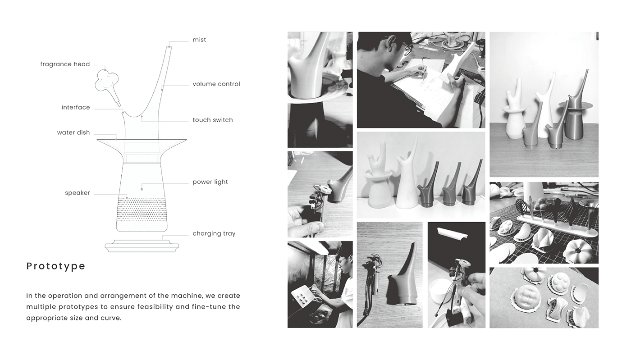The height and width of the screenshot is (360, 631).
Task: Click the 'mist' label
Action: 199,40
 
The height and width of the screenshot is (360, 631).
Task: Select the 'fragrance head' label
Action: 65,64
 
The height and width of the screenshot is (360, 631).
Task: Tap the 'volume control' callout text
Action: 216,84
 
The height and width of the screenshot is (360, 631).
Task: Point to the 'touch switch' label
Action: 213,120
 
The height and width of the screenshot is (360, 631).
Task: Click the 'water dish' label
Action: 73,132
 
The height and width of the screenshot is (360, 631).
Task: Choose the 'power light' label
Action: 210,182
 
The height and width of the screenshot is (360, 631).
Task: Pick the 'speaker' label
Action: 78,193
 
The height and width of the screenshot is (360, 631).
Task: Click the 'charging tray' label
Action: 214,233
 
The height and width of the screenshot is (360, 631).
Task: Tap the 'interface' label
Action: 76,107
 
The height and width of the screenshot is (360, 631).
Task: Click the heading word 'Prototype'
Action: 56,266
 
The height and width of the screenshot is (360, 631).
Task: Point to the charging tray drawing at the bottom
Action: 142,247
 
